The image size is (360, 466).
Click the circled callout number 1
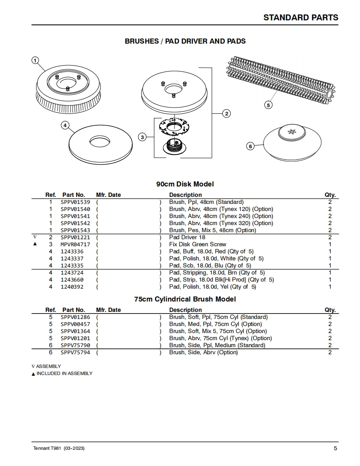pyautogui.click(x=35, y=61)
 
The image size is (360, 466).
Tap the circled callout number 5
pyautogui.click(x=268, y=105)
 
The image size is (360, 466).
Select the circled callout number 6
pyautogui.click(x=250, y=146)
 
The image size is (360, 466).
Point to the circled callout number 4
pyautogui.click(x=65, y=125)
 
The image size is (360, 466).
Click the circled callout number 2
pyautogui.click(x=227, y=114)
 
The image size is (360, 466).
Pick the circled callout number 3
pyautogui.click(x=142, y=137)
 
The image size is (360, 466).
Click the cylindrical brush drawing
pyautogui.click(x=283, y=79)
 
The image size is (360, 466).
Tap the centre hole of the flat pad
pyautogui.click(x=100, y=142)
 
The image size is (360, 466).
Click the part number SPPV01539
pyautogui.click(x=75, y=202)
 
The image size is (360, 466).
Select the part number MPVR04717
pyautogui.click(x=75, y=244)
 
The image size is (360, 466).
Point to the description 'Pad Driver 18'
pyautogui.click(x=187, y=237)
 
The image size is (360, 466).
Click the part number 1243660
pyautogui.click(x=72, y=280)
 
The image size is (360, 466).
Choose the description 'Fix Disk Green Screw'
pyautogui.click(x=197, y=244)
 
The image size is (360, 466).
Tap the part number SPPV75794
pyautogui.click(x=75, y=352)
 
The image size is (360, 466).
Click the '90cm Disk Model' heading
pyautogui.click(x=185, y=184)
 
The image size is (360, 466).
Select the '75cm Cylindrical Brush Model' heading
pyautogui.click(x=185, y=299)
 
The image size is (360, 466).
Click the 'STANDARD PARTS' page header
pyautogui.click(x=301, y=17)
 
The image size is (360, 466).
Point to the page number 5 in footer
pyautogui.click(x=335, y=448)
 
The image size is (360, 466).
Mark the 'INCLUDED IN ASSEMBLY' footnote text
pyautogui.click(x=64, y=373)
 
